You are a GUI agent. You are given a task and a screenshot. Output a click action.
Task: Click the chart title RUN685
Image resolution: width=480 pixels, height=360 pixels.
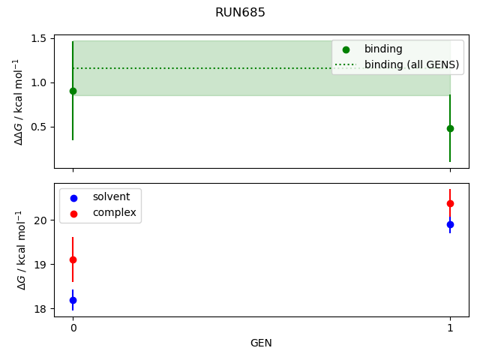pyautogui.click(x=240, y=13)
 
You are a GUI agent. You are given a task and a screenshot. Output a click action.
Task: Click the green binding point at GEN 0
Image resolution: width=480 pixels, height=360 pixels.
pyautogui.click(x=73, y=91)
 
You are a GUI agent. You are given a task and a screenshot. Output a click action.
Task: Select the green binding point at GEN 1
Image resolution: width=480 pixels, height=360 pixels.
pyautogui.click(x=450, y=128)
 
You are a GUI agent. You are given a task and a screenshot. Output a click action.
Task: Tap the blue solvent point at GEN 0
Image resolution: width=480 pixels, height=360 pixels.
pyautogui.click(x=73, y=300)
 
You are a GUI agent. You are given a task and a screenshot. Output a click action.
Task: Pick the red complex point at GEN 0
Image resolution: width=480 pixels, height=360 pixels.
pyautogui.click(x=73, y=259)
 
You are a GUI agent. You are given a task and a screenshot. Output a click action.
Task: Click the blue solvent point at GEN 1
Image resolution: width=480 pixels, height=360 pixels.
pyautogui.click(x=450, y=224)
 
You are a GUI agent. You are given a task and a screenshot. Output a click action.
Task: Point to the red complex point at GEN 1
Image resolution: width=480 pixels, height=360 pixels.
pyautogui.click(x=450, y=203)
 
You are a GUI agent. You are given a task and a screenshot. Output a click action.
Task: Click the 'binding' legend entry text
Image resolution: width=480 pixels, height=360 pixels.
pyautogui.click(x=383, y=49)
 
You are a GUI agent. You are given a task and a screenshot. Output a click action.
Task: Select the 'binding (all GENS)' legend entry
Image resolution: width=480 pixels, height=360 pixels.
pyautogui.click(x=411, y=64)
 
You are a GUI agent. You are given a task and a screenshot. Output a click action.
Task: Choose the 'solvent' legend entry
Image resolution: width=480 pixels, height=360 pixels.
pyautogui.click(x=111, y=197)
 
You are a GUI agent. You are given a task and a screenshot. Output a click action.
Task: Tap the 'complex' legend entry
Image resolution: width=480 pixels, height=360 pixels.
pyautogui.click(x=114, y=212)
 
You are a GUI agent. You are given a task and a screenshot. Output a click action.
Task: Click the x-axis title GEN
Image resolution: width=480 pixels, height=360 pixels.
pyautogui.click(x=261, y=343)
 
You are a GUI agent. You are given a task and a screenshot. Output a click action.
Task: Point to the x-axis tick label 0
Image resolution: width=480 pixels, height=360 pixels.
pyautogui.click(x=73, y=328)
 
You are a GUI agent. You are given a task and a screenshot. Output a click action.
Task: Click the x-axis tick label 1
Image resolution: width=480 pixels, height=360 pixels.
pyautogui.click(x=450, y=328)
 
